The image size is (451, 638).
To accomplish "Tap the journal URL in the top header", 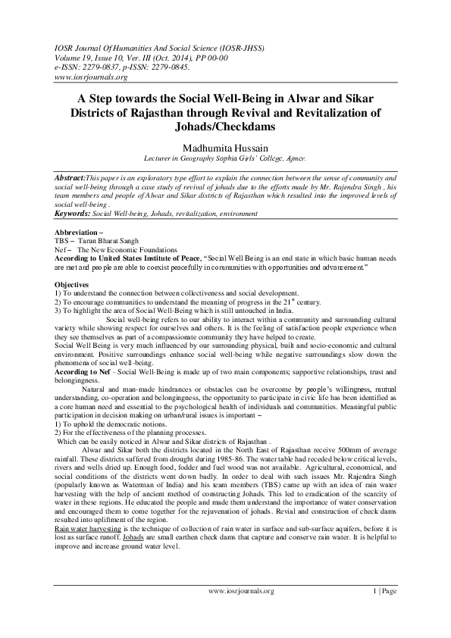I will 85,77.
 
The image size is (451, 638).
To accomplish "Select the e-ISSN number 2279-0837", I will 102,67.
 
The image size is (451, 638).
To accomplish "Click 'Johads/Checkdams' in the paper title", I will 225,128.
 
